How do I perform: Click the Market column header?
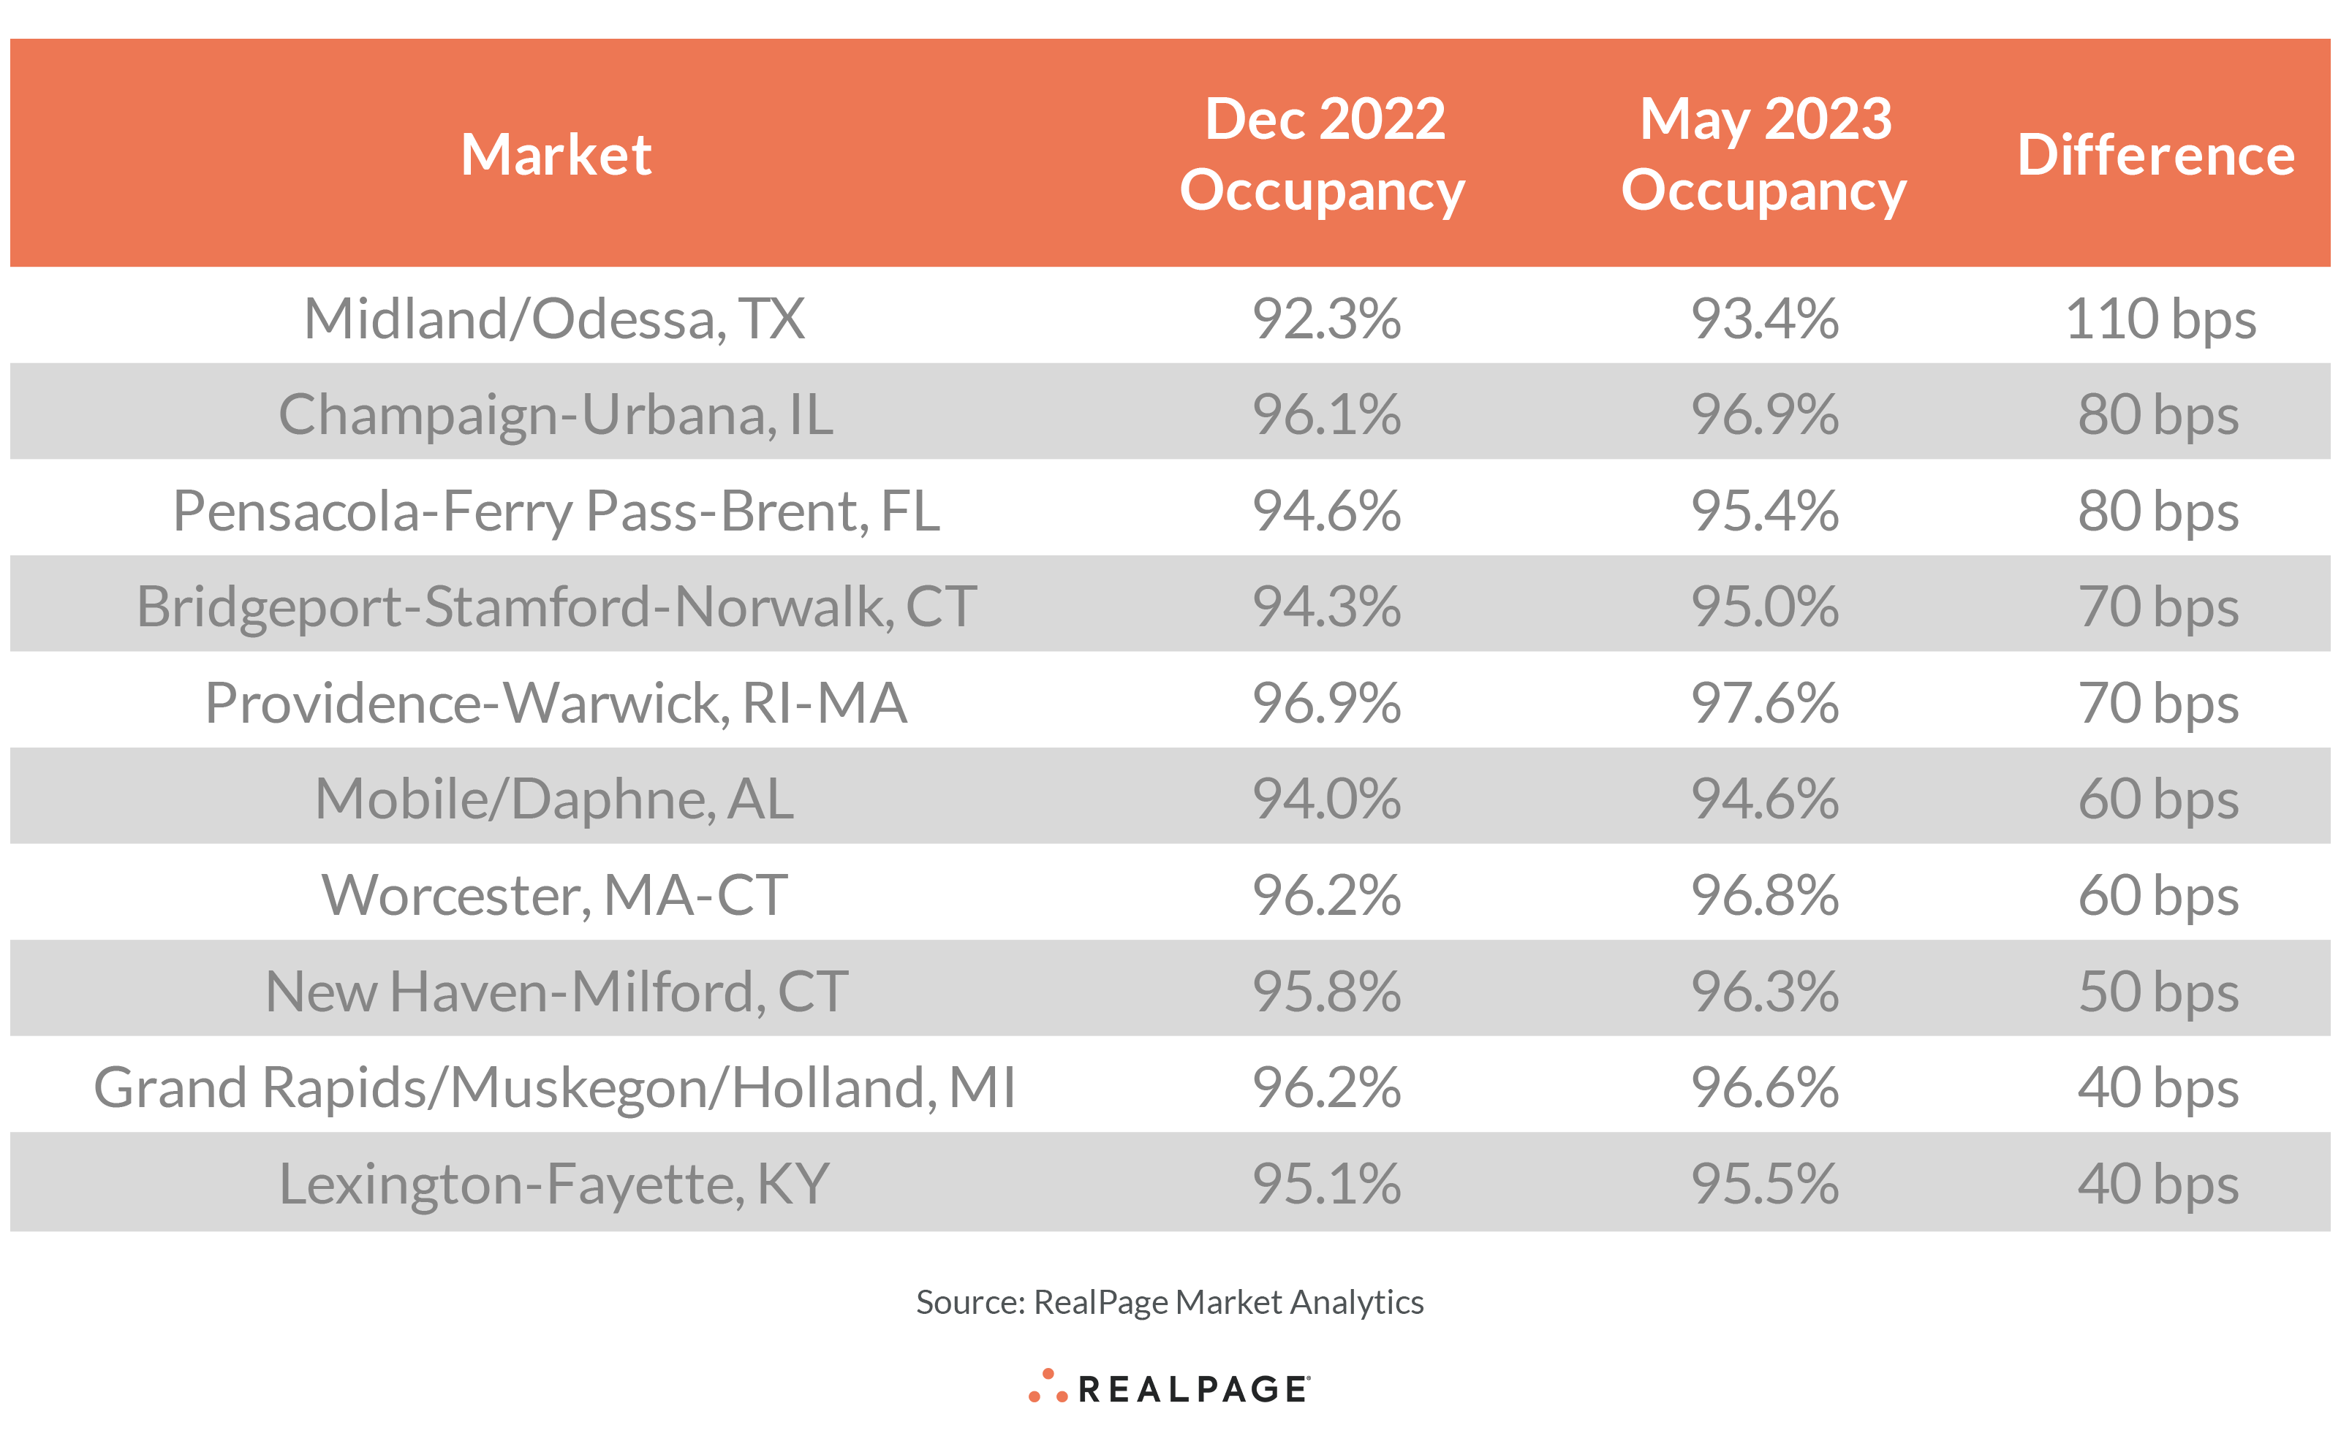[556, 155]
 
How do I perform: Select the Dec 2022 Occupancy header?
[1324, 153]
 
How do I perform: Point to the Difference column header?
[2155, 155]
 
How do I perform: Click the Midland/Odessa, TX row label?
[554, 318]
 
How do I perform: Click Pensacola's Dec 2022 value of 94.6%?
[1325, 510]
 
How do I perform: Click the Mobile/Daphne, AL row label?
[554, 798]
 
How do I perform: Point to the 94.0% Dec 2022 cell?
[1325, 798]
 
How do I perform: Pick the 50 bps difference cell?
[2157, 991]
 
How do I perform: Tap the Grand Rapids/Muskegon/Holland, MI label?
[554, 1087]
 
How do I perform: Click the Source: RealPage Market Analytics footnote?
[1169, 1302]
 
